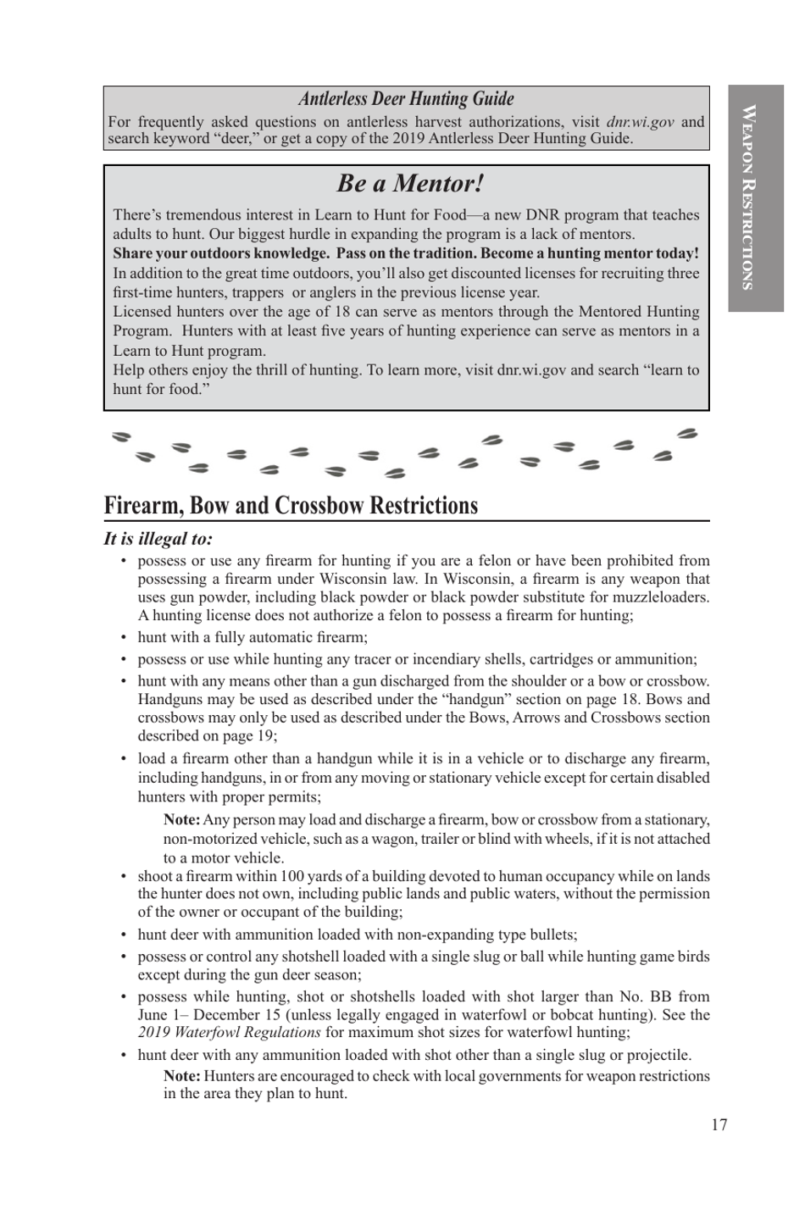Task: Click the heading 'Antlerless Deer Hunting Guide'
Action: click(x=406, y=99)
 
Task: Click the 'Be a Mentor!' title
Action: click(x=410, y=183)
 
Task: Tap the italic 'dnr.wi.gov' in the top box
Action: click(x=640, y=122)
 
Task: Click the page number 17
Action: click(x=719, y=1124)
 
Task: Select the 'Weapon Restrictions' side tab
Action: click(x=749, y=197)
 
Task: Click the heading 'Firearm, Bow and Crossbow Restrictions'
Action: click(x=291, y=506)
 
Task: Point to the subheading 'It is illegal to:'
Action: click(x=158, y=539)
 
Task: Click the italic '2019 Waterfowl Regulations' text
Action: click(x=229, y=1032)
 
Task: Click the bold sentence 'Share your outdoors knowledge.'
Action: click(x=221, y=253)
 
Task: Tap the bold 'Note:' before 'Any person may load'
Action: click(x=181, y=819)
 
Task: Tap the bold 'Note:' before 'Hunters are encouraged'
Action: click(x=181, y=1076)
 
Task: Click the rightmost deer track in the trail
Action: click(x=687, y=435)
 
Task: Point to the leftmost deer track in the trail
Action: click(x=122, y=436)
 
